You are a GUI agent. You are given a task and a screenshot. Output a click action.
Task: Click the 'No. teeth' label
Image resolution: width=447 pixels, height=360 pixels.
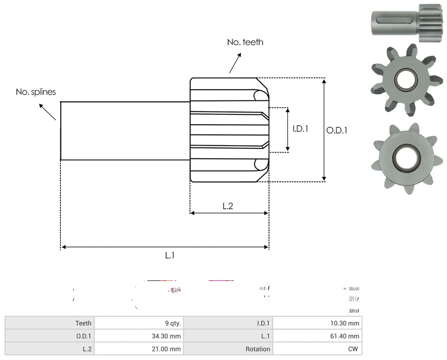[x=245, y=42]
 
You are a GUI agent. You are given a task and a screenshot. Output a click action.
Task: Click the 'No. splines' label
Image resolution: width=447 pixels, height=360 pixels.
[x=36, y=92]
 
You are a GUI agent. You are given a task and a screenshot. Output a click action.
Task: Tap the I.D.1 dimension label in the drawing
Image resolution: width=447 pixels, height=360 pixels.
[x=300, y=128]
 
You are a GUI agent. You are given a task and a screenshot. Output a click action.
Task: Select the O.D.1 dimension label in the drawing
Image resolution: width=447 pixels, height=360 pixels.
[x=337, y=131]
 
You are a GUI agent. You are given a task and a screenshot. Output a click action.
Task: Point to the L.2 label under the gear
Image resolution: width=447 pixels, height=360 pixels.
[x=228, y=206]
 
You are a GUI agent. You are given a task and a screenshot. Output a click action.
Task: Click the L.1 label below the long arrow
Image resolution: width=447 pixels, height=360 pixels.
[x=170, y=255]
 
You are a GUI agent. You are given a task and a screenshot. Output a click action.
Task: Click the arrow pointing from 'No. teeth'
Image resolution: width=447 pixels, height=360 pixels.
[x=236, y=62]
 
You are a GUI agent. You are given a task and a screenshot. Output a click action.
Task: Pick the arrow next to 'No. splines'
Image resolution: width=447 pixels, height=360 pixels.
[x=47, y=112]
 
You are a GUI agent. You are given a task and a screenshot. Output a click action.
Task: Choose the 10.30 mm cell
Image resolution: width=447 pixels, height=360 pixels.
[x=347, y=323]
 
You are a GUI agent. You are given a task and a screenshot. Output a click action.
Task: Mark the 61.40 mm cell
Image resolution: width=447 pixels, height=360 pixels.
[x=347, y=336]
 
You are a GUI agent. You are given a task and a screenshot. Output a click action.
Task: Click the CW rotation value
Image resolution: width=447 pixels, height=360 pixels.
[x=353, y=349]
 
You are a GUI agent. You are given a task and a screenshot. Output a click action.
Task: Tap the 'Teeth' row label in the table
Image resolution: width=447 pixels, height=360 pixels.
[x=84, y=323]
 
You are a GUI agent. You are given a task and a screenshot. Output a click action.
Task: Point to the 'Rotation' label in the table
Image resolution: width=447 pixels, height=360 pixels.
[x=258, y=349]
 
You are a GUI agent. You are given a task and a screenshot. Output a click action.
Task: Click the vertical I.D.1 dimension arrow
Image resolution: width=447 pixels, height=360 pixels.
[x=288, y=130]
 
